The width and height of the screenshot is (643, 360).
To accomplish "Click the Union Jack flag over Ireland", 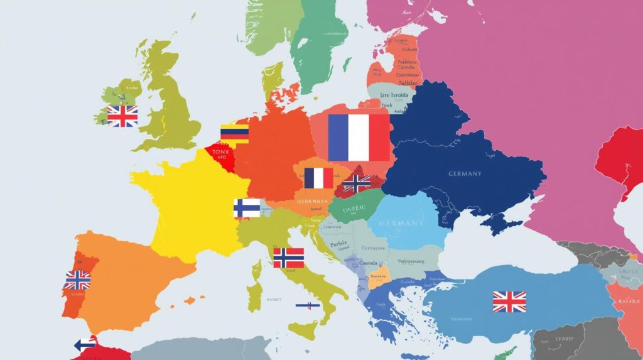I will click(122, 116).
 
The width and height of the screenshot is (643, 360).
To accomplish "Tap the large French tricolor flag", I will click(359, 137).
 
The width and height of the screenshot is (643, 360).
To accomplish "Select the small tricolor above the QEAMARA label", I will click(318, 178).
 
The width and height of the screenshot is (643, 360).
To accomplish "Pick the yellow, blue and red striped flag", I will click(234, 133).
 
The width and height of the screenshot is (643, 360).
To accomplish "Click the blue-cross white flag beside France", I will click(247, 208).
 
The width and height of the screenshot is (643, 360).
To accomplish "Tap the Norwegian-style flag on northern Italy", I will click(289, 257).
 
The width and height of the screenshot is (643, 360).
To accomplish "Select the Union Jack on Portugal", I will click(78, 280).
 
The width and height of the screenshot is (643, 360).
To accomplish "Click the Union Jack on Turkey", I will click(509, 302).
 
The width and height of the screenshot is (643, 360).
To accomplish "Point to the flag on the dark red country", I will click(357, 183).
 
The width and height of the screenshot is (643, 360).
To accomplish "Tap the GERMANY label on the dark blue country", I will click(465, 173).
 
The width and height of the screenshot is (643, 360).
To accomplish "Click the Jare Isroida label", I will click(394, 95).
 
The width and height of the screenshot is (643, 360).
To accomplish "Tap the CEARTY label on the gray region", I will click(565, 339).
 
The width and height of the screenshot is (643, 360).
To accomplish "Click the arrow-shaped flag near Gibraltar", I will click(84, 344).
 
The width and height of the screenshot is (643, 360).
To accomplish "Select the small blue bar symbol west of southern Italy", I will click(308, 305).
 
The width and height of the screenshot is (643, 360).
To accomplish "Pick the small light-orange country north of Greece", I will click(379, 277).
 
